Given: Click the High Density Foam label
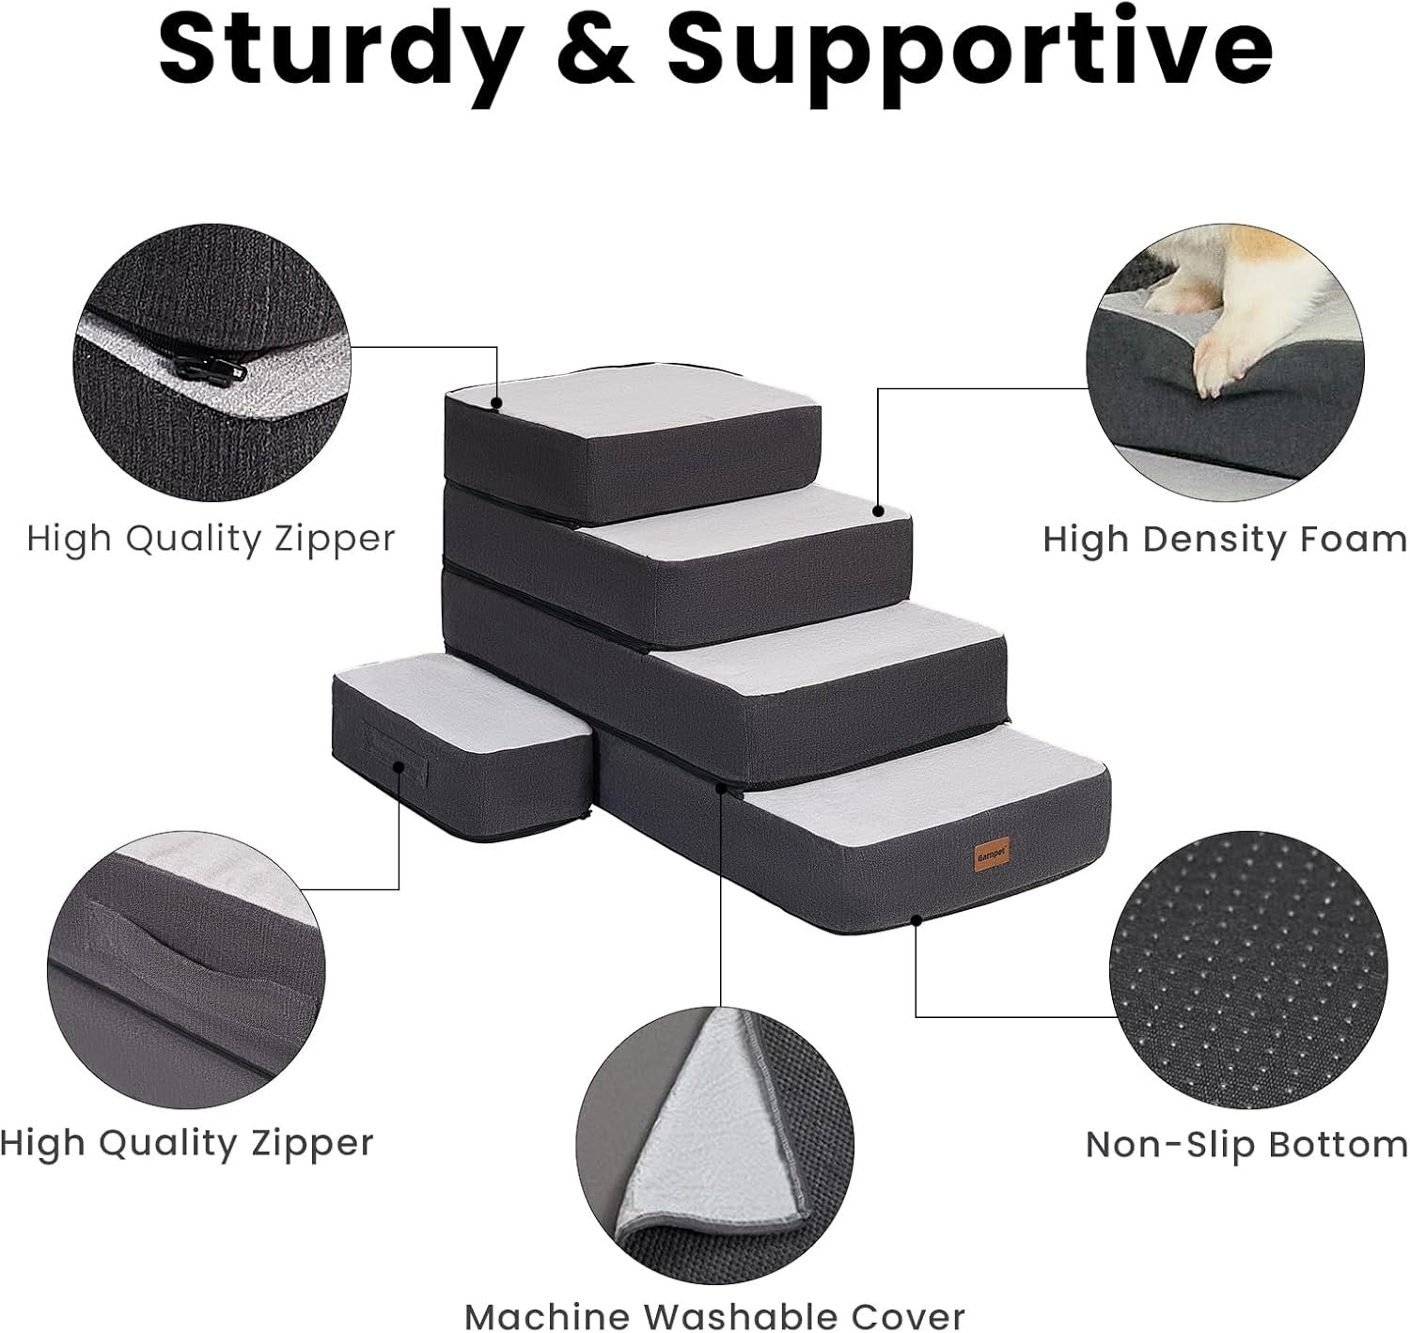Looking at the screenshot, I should pos(1225,540).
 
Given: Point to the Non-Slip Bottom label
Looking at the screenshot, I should pos(1246,1145).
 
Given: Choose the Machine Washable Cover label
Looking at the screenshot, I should pos(715,1315).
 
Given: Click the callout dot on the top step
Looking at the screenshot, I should pos(496,403).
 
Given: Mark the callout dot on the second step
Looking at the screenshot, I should pos(879,511).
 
